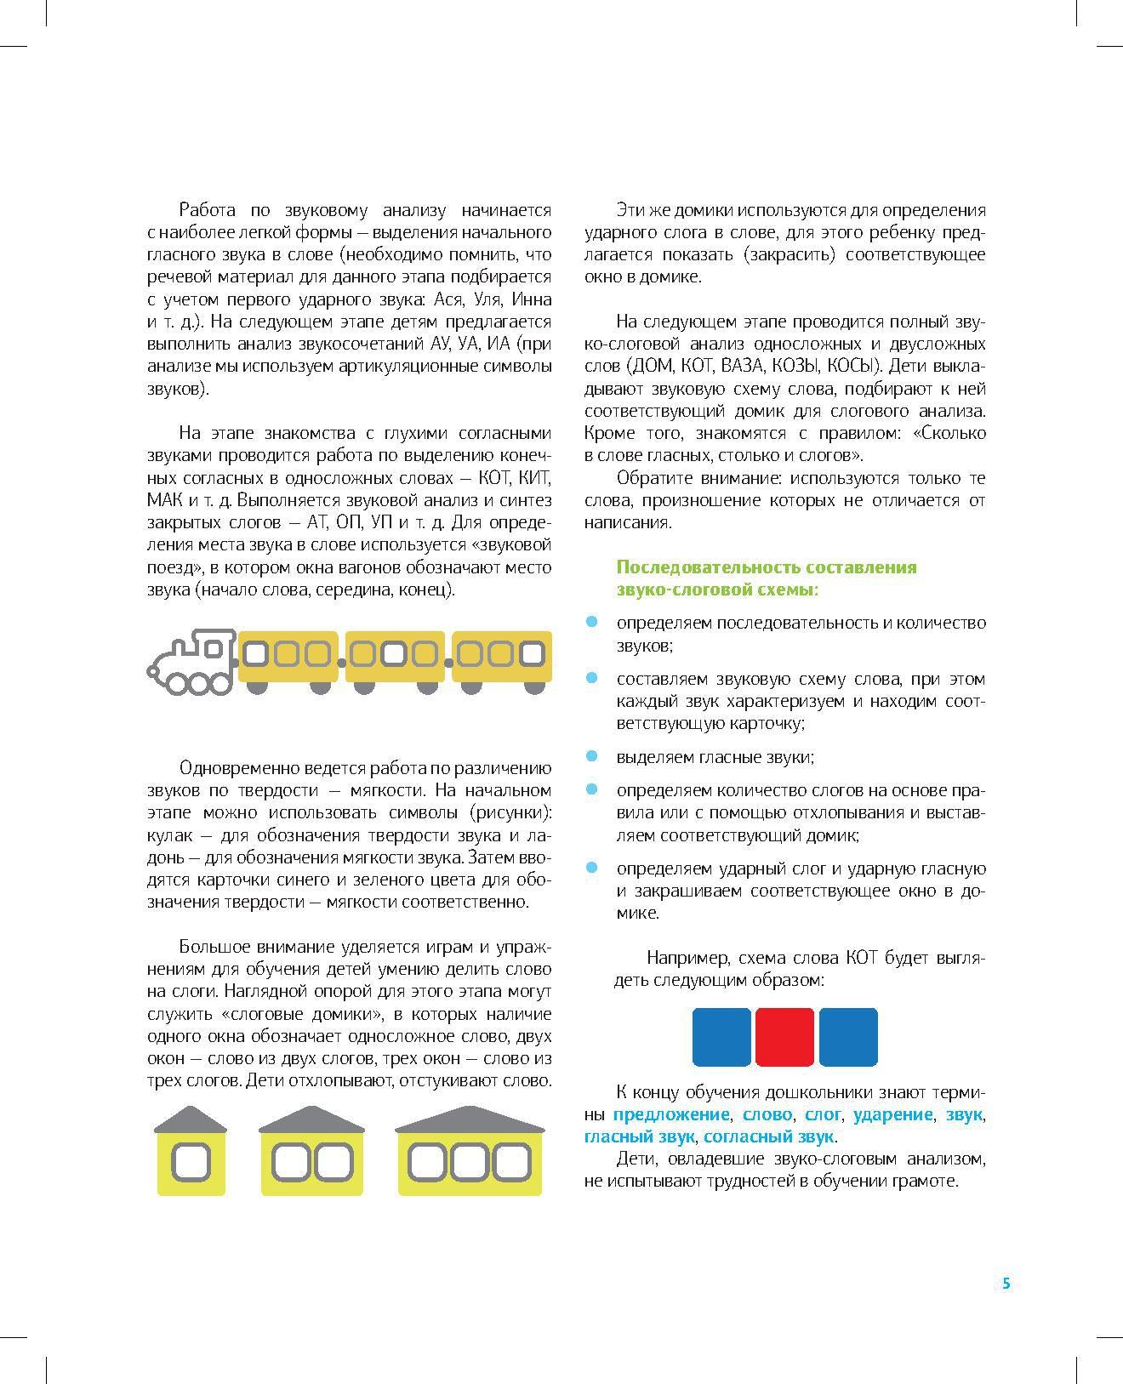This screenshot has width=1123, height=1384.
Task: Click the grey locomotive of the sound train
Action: pyautogui.click(x=192, y=661)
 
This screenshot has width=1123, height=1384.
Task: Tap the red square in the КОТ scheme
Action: pyautogui.click(x=784, y=1037)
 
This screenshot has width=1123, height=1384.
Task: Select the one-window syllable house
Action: pyautogui.click(x=191, y=1152)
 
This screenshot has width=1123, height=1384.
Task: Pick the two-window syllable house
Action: pyautogui.click(x=311, y=1152)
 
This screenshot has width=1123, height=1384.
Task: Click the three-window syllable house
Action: pyautogui.click(x=469, y=1152)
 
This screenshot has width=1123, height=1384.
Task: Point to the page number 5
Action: pyautogui.click(x=1006, y=1284)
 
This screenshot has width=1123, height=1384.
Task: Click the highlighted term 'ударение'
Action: pyautogui.click(x=892, y=1114)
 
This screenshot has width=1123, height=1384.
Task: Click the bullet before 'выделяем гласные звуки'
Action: pyautogui.click(x=592, y=755)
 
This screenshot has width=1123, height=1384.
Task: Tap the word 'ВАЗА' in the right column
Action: pyautogui.click(x=742, y=367)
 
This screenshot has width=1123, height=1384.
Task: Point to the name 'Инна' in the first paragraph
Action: pyautogui.click(x=533, y=299)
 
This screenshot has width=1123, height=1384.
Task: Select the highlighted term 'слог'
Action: pyautogui.click(x=823, y=1114)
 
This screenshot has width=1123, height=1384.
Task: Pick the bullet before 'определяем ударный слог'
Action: pyautogui.click(x=592, y=868)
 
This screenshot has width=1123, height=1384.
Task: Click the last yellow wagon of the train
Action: pyautogui.click(x=501, y=657)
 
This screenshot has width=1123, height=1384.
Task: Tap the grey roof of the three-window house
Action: pyautogui.click(x=469, y=1119)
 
